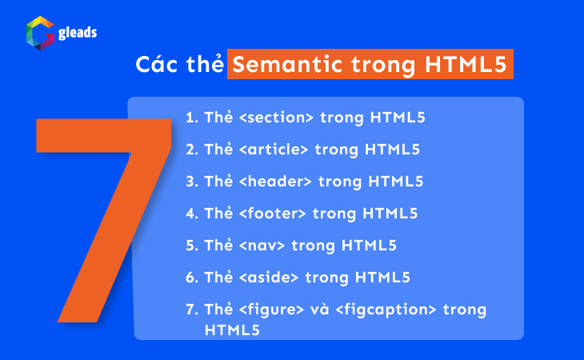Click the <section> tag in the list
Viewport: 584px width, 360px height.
(272, 118)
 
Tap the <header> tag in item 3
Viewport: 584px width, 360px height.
(271, 182)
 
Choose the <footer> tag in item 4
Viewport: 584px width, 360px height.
(268, 214)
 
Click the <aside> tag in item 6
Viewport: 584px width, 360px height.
(265, 278)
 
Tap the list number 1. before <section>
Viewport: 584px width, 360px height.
(191, 118)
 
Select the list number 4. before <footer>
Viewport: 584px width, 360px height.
(191, 214)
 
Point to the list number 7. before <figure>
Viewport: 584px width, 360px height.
(191, 310)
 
